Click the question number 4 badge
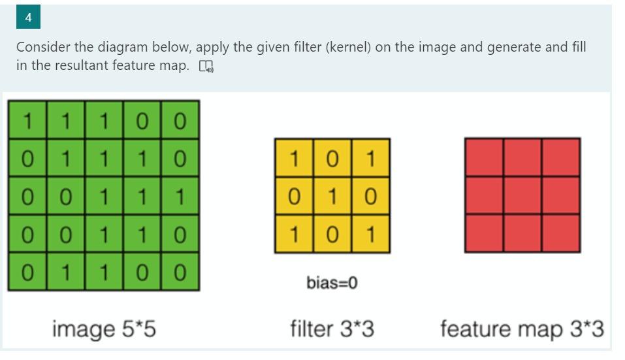tap(28, 18)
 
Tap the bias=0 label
tap(332, 283)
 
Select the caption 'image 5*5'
tap(104, 329)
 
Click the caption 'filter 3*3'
tap(332, 329)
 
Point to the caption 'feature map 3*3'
tap(521, 329)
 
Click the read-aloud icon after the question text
tap(207, 67)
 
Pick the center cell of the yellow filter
tap(332, 196)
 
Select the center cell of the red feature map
tap(522, 195)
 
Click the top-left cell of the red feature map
tap(484, 157)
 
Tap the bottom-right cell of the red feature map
tap(560, 233)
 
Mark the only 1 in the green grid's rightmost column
tap(181, 195)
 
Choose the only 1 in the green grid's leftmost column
tap(27, 120)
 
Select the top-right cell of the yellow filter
tap(370, 157)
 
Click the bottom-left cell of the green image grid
tap(27, 271)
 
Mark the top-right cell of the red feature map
tap(560, 157)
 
